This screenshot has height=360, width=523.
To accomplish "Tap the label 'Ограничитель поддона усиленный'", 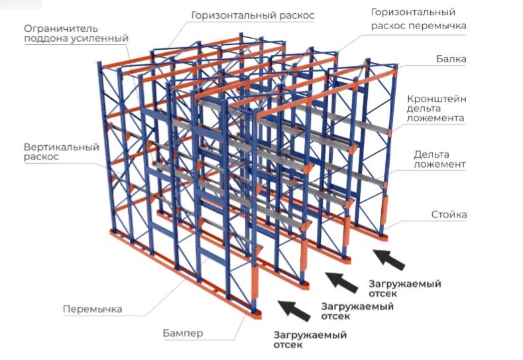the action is [76, 33].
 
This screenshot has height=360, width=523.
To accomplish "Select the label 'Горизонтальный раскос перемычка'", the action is [418, 19].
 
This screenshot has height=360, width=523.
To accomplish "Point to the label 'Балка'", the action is [451, 59].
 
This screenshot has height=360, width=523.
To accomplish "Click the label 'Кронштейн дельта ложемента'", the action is [436, 109].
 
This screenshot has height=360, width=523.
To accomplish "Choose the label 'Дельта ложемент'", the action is [439, 159].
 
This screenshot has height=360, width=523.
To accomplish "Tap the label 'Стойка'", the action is [449, 215].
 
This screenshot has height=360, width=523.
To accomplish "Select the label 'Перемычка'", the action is [92, 309].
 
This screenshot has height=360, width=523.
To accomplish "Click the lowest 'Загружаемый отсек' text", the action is [309, 340].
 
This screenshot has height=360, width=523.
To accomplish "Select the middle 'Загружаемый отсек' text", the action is [357, 311].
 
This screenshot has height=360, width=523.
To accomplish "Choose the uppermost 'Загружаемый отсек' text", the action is [404, 288].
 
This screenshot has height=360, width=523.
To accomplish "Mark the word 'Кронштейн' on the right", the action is [436, 98].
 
